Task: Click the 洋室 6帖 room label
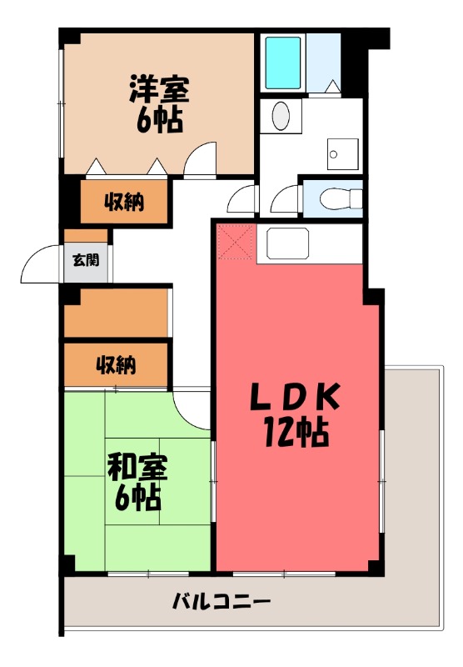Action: (157, 102)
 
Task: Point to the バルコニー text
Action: (222, 600)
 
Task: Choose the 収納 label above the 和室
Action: (116, 364)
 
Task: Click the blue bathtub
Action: (283, 63)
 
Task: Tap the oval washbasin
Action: (281, 114)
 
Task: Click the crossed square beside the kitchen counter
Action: (236, 243)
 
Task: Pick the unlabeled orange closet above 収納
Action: (117, 313)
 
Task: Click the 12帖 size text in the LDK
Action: (296, 431)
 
